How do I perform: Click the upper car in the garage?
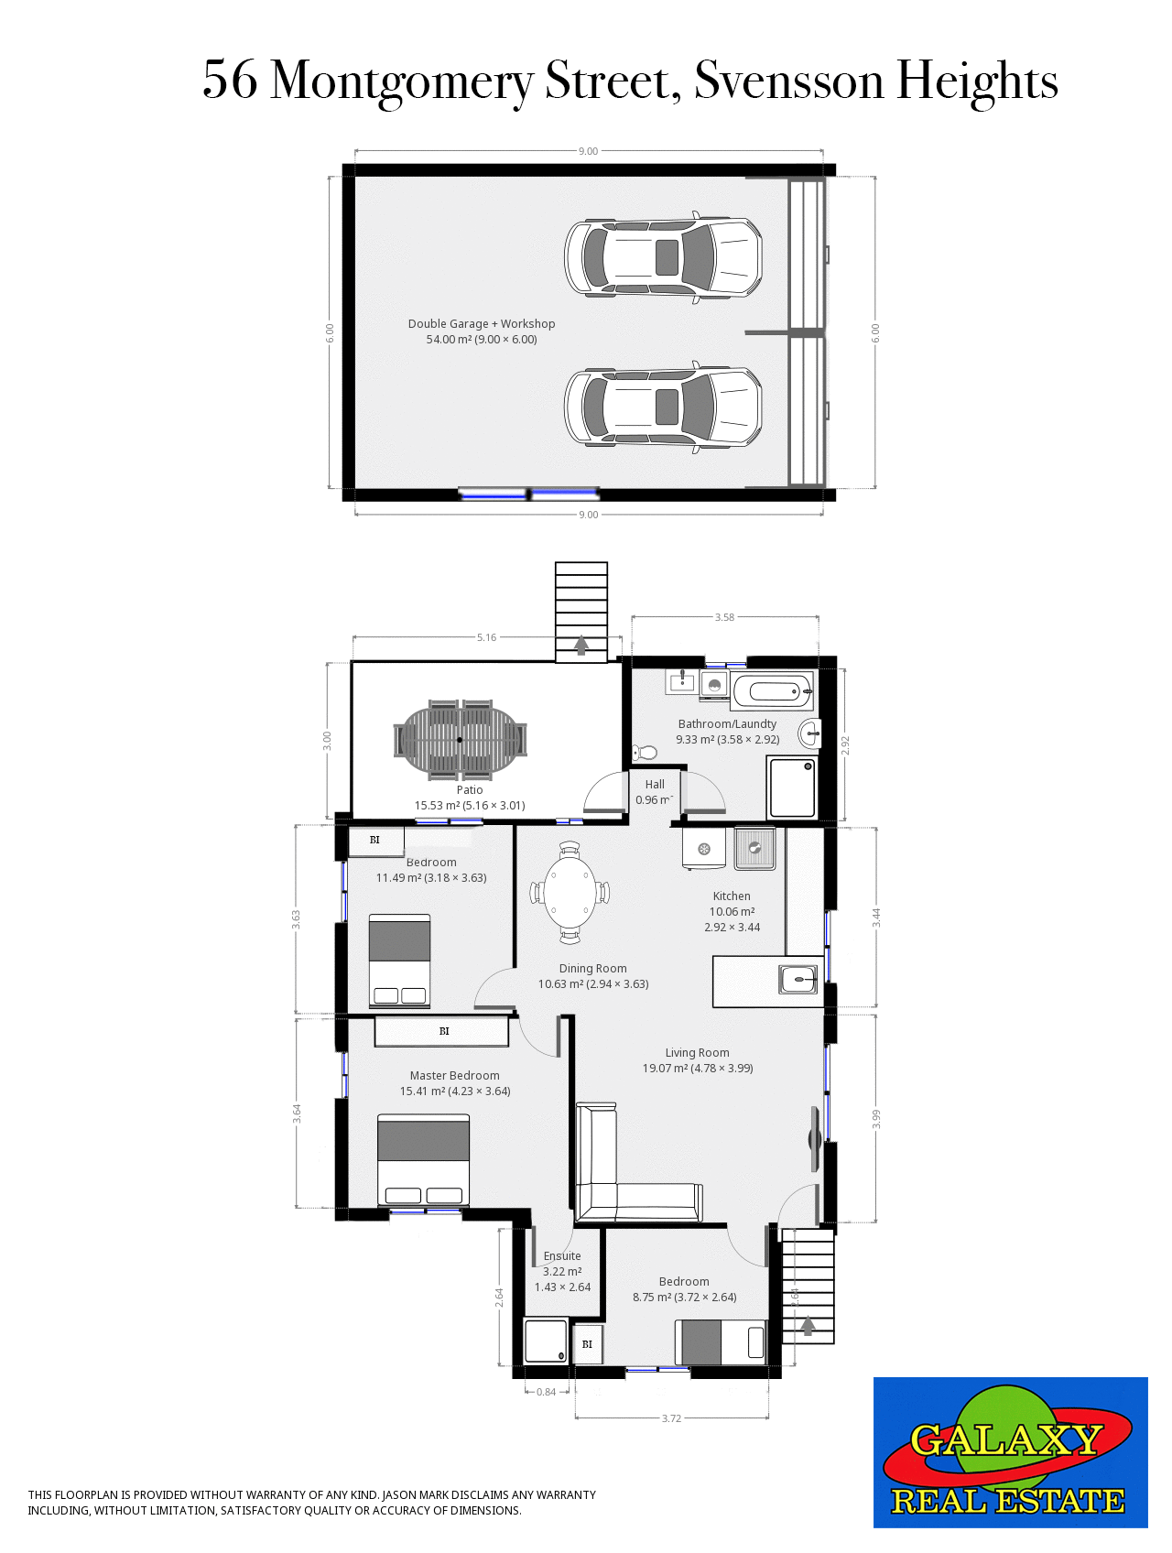click(x=663, y=257)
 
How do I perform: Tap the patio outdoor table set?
click(x=461, y=739)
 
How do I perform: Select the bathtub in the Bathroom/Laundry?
click(x=772, y=691)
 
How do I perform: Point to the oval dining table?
click(x=570, y=892)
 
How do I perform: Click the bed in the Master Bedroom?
click(x=423, y=1160)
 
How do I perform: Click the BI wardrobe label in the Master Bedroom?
click(x=444, y=1031)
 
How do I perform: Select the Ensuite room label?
click(x=562, y=1256)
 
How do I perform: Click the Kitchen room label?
click(x=732, y=896)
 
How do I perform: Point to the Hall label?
click(x=655, y=785)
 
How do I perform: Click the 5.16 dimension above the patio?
click(x=486, y=637)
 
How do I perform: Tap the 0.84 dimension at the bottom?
click(x=546, y=1392)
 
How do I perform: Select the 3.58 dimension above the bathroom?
click(x=724, y=617)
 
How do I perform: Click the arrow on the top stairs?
click(x=581, y=645)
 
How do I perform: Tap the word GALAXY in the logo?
click(x=1005, y=1440)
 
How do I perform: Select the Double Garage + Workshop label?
click(x=482, y=324)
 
